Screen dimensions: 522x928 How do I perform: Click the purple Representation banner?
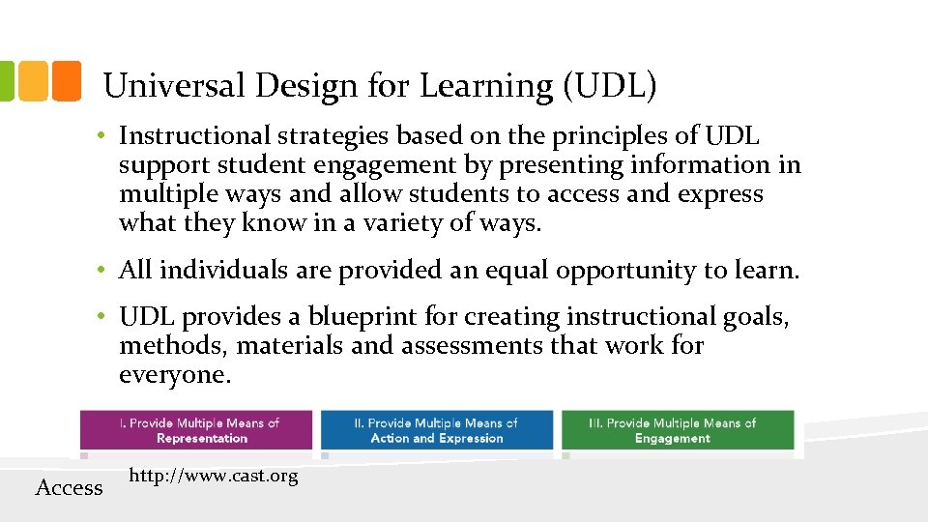pyautogui.click(x=196, y=431)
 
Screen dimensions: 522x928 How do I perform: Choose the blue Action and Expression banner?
pyautogui.click(x=437, y=431)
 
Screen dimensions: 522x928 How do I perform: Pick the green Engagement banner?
pyautogui.click(x=677, y=431)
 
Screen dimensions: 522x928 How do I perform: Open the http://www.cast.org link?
pyautogui.click(x=213, y=476)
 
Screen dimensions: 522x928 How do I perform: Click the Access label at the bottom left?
pyautogui.click(x=69, y=487)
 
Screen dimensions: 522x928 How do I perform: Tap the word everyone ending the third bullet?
pyautogui.click(x=174, y=374)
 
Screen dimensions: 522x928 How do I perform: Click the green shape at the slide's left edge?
pyautogui.click(x=7, y=81)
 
